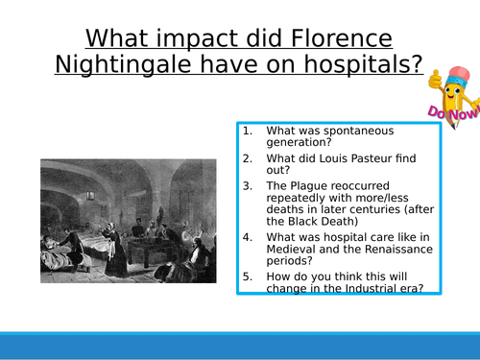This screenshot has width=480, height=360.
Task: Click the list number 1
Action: coord(248,130)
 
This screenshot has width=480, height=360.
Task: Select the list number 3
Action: coord(248,182)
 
